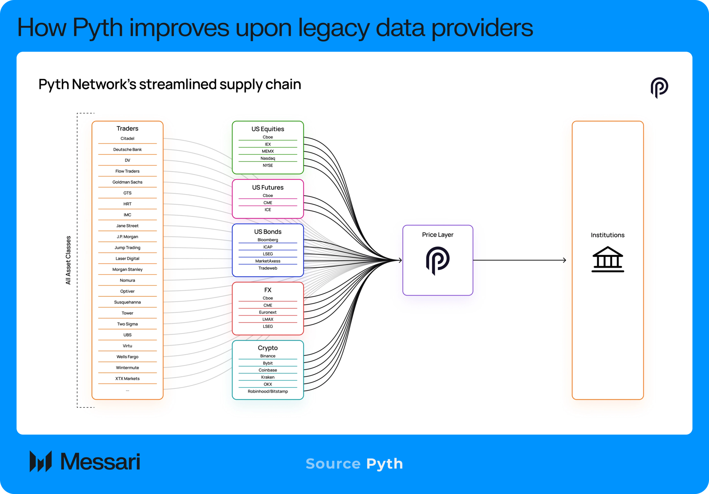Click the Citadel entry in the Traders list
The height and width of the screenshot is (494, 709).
(x=127, y=138)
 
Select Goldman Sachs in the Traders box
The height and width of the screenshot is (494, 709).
(x=127, y=182)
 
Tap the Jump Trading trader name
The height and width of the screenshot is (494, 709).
(x=127, y=248)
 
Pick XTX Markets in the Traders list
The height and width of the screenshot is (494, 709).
(x=127, y=379)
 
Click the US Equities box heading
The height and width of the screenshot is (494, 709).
(x=268, y=129)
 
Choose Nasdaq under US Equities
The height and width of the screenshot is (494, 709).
(x=268, y=158)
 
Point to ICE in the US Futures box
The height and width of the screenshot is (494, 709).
(x=268, y=210)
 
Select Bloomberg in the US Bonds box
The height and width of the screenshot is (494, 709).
(x=268, y=240)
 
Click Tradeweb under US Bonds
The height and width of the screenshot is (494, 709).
(x=268, y=268)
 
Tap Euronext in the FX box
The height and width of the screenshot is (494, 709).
(x=268, y=312)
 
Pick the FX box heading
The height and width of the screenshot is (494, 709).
(x=268, y=290)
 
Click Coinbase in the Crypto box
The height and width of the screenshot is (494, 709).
(x=268, y=370)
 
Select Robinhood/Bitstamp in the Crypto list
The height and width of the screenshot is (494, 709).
(x=268, y=391)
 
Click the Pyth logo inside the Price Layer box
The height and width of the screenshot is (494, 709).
(x=438, y=261)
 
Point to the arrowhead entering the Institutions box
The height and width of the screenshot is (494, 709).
(x=565, y=260)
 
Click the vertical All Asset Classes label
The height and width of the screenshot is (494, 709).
(x=68, y=260)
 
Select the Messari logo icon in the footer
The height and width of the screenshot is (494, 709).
(x=41, y=461)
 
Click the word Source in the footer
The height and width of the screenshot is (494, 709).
(x=333, y=464)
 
